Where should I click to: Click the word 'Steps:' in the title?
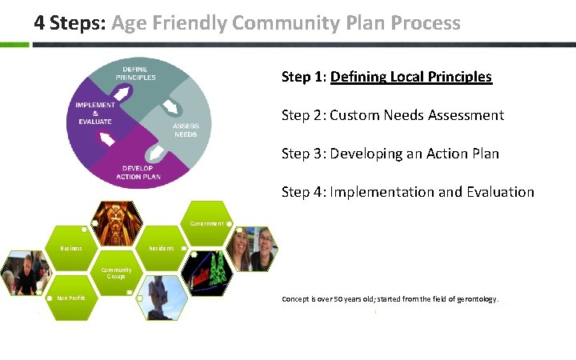tap(77, 23)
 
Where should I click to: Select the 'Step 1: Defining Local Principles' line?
tap(386, 77)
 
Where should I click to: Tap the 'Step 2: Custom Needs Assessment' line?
tap(392, 115)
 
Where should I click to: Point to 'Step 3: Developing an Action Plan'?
tap(390, 154)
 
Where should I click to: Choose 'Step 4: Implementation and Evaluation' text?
tap(407, 192)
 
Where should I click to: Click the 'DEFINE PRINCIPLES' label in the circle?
tap(135, 74)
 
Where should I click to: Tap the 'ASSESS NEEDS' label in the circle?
tap(186, 130)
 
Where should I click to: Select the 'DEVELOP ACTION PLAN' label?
tap(138, 172)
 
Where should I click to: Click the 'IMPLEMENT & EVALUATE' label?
tap(95, 113)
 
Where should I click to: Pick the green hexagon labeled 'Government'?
tap(207, 223)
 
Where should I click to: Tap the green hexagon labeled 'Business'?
tap(72, 248)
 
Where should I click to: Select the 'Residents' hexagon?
tap(161, 248)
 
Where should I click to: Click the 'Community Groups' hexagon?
tap(117, 274)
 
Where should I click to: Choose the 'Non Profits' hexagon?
tap(72, 298)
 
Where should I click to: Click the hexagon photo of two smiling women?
tap(250, 248)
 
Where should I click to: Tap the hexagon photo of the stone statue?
tap(161, 297)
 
